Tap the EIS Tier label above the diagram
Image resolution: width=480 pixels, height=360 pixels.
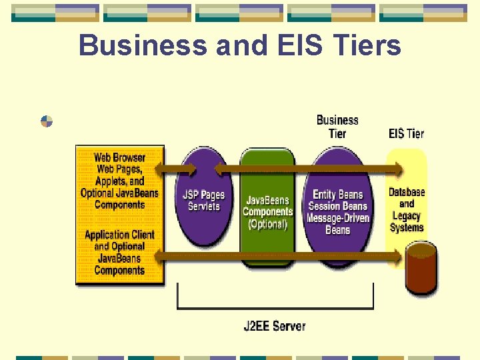pyautogui.click(x=406, y=133)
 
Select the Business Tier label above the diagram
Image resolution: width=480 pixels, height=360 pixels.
pyautogui.click(x=337, y=126)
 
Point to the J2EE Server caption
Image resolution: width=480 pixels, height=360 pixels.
pyautogui.click(x=275, y=326)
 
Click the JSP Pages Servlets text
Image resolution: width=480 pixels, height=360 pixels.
pyautogui.click(x=203, y=200)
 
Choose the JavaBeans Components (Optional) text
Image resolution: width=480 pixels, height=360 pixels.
pyautogui.click(x=267, y=212)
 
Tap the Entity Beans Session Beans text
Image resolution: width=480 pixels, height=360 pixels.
pyautogui.click(x=337, y=200)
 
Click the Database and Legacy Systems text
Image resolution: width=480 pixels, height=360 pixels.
pyautogui.click(x=407, y=209)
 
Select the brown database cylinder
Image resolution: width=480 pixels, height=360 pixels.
pyautogui.click(x=421, y=270)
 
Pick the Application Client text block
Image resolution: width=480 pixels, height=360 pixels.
pyautogui.click(x=119, y=252)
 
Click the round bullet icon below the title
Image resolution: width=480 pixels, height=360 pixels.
pyautogui.click(x=47, y=121)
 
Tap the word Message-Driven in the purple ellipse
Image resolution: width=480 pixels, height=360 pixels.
pyautogui.click(x=337, y=218)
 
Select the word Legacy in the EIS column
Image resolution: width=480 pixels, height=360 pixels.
pyautogui.click(x=407, y=215)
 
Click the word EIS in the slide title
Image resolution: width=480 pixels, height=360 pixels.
pyautogui.click(x=289, y=45)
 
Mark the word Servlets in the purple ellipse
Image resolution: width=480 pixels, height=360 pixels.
pyautogui.click(x=203, y=206)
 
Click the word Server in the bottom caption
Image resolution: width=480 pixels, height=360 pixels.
pyautogui.click(x=289, y=326)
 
